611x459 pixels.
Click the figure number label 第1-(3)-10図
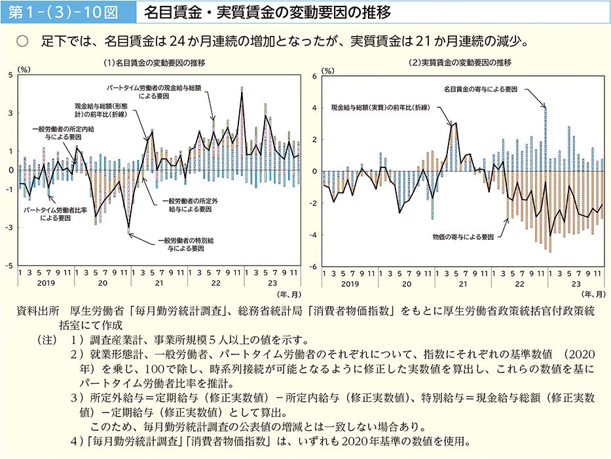click(64, 12)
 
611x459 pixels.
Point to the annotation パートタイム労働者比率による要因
click(46, 214)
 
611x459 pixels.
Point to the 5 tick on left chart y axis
click(11, 75)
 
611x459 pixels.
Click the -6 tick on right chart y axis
click(313, 267)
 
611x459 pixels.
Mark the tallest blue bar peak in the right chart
click(545, 109)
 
